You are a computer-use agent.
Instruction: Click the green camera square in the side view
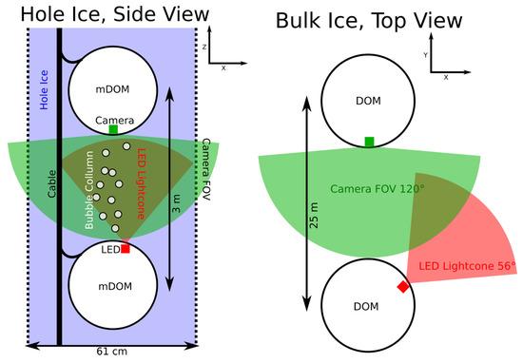pyautogui.click(x=113, y=128)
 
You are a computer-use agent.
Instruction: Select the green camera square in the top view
pyautogui.click(x=369, y=142)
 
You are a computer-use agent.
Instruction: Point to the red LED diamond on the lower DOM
pyautogui.click(x=403, y=286)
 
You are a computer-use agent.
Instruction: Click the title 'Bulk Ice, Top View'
pyautogui.click(x=366, y=21)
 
